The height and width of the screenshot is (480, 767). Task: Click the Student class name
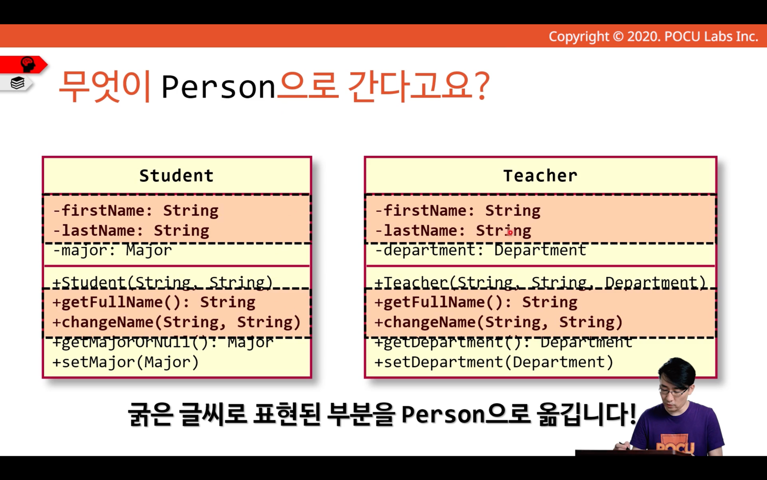(177, 176)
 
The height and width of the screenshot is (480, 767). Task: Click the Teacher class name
(540, 176)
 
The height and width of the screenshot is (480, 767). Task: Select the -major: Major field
(112, 250)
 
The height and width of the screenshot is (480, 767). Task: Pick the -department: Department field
(480, 250)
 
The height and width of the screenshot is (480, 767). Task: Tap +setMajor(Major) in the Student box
(125, 362)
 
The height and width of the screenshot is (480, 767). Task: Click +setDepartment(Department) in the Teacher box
(494, 362)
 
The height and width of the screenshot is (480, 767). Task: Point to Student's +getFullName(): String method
(154, 302)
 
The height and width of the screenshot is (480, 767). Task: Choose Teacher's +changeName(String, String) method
(499, 322)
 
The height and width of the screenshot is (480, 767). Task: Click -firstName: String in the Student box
(136, 210)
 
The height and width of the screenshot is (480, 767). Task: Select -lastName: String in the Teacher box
(454, 231)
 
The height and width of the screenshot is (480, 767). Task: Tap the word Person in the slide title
(218, 87)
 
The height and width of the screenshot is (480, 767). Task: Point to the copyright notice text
(653, 37)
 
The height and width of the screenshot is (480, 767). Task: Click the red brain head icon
(28, 64)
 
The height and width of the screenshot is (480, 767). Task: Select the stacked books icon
(17, 83)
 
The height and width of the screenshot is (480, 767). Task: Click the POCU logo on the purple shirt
(675, 446)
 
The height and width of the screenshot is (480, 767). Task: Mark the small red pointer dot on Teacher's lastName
(510, 233)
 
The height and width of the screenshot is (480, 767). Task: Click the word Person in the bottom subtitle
(443, 414)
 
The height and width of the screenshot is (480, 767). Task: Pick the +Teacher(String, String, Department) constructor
(540, 282)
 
